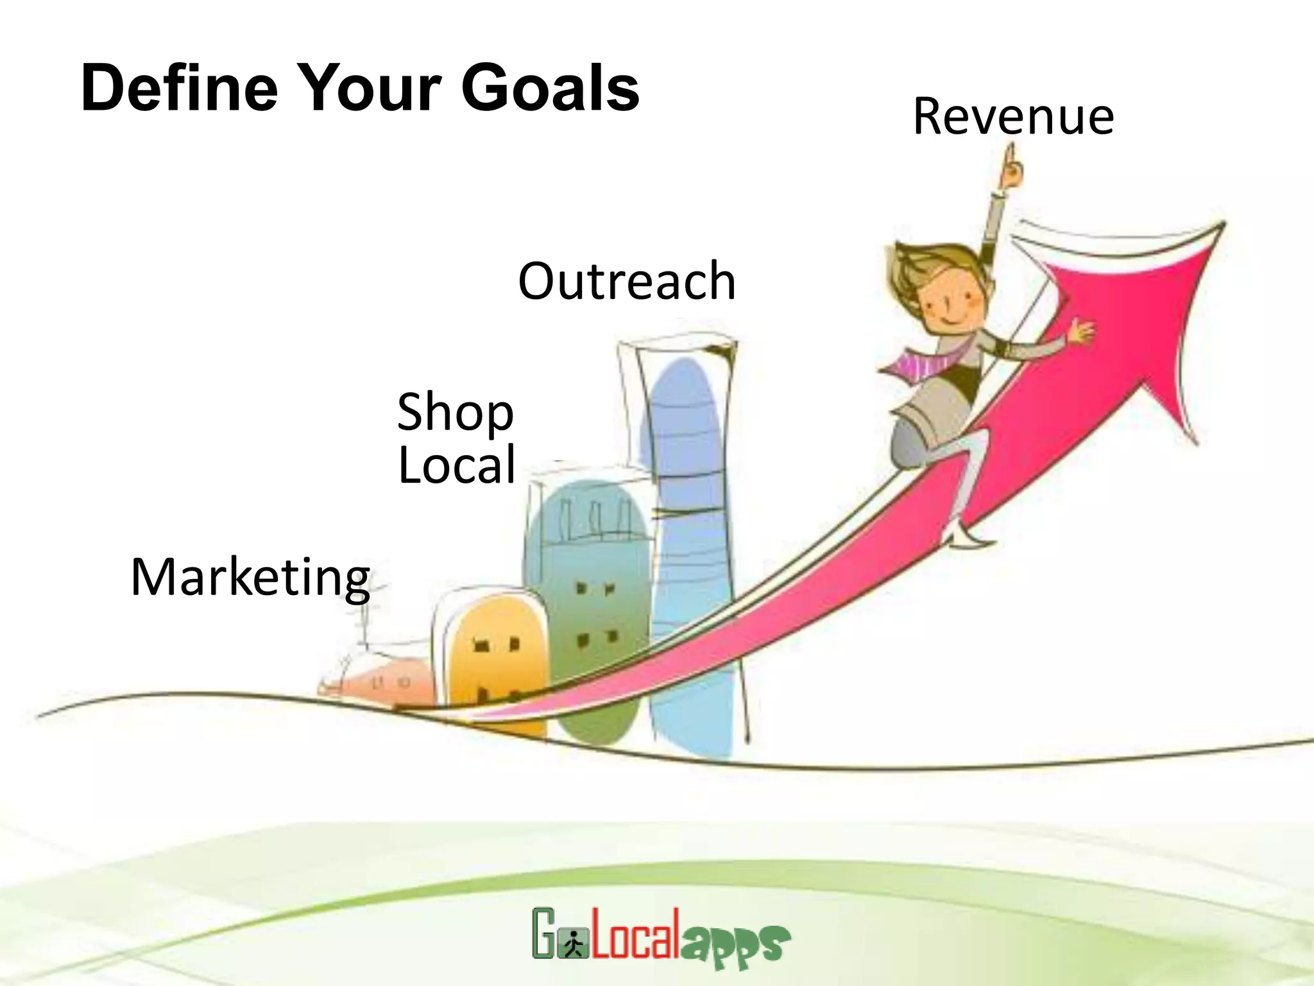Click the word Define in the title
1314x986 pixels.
(180, 88)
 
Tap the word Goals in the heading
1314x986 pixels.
(550, 88)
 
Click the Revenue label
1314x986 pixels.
(1013, 117)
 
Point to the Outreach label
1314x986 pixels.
(626, 281)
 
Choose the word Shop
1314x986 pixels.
(455, 413)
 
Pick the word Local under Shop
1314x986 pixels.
(457, 465)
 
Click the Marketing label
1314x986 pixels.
(250, 578)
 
